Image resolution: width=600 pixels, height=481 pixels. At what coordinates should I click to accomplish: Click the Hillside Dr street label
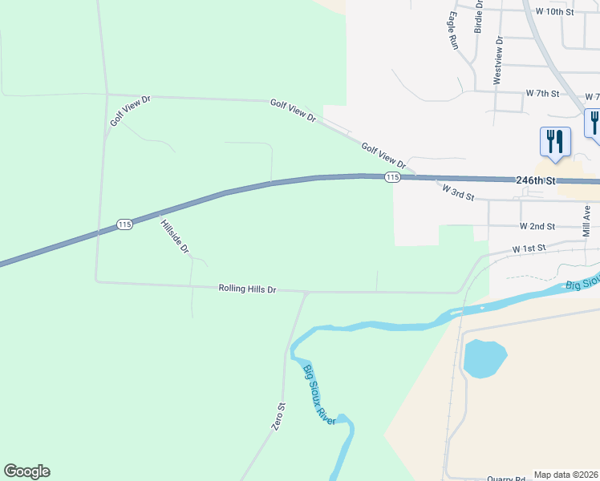[x=174, y=236]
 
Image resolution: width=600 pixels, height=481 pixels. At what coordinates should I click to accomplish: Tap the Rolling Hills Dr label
[x=247, y=289]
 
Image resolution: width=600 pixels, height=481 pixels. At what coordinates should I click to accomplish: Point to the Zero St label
[x=278, y=418]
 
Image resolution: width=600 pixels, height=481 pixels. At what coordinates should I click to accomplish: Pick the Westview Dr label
[x=498, y=60]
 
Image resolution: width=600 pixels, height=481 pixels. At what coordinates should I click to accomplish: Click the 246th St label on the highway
[x=536, y=182]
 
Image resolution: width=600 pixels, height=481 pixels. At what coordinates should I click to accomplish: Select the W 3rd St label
[x=459, y=192]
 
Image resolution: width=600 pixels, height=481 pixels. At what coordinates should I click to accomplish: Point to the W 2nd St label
[x=537, y=227]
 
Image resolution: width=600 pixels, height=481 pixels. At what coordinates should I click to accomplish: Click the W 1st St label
[x=529, y=249]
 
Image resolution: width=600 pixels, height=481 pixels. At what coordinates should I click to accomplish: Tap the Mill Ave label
[x=587, y=218]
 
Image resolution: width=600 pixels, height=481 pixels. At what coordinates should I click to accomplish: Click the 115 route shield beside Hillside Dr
[x=124, y=224]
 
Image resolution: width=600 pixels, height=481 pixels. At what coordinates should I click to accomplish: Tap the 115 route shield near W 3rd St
[x=391, y=177]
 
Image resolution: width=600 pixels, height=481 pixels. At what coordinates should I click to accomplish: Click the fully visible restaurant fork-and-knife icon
[x=555, y=142]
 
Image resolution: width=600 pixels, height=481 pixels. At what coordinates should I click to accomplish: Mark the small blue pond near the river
[x=484, y=358]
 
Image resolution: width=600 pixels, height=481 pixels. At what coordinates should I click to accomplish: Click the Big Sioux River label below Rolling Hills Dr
[x=318, y=394]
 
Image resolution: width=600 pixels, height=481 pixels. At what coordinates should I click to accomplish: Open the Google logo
[x=27, y=471]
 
